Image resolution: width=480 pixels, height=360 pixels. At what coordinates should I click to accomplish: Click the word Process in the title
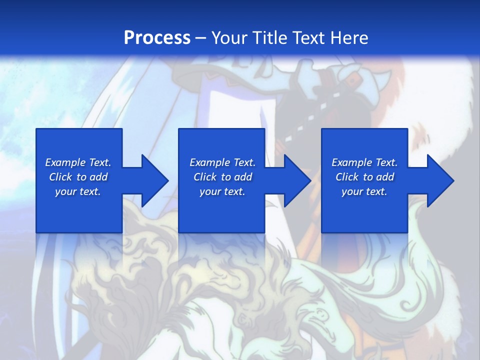point(157,37)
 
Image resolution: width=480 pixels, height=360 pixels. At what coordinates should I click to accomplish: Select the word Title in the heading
point(270,37)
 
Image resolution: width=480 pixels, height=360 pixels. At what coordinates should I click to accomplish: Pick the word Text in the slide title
point(308,37)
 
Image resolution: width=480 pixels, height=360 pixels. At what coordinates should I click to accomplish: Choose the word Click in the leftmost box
point(61,177)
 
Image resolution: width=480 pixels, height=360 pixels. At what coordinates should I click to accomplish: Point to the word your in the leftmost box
point(65,192)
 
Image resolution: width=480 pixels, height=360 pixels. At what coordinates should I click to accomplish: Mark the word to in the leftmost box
point(81,177)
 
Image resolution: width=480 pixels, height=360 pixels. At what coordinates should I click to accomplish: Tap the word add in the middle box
point(242,177)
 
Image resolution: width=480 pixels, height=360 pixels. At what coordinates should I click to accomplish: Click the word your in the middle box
point(210,192)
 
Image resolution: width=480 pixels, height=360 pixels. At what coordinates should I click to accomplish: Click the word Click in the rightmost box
point(347,177)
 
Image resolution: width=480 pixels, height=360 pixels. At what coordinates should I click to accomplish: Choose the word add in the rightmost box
point(384,177)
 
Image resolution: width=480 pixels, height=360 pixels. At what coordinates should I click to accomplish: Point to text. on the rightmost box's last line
point(376,192)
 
